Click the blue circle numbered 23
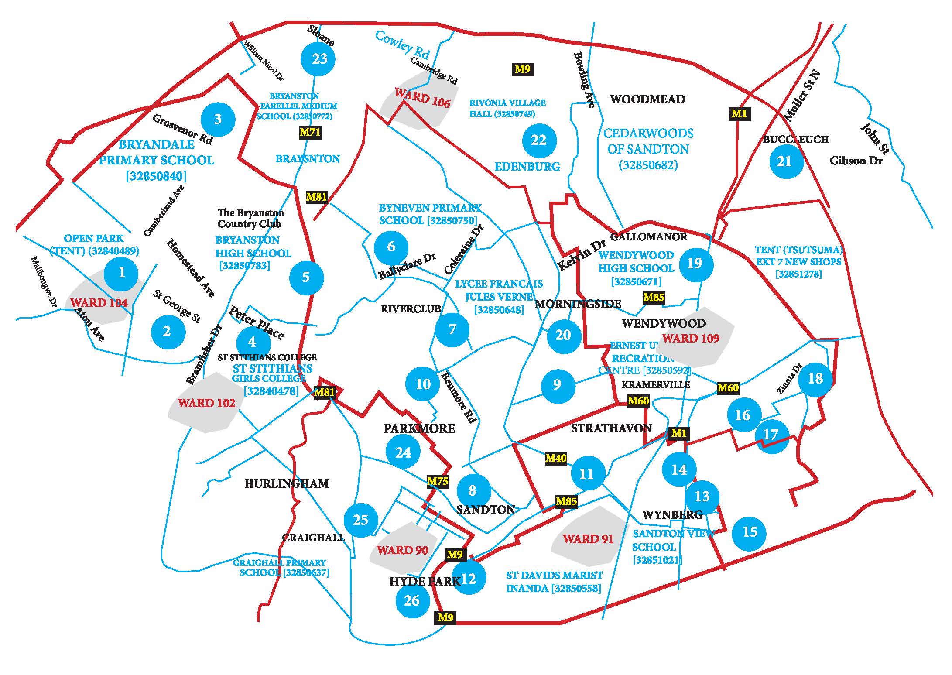pyautogui.click(x=318, y=59)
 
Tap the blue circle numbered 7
pyautogui.click(x=452, y=329)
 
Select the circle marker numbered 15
pyautogui.click(x=749, y=532)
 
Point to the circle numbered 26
pyautogui.click(x=412, y=601)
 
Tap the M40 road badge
pyautogui.click(x=556, y=458)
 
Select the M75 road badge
pyautogui.click(x=438, y=481)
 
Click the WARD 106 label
pyautogui.click(x=422, y=97)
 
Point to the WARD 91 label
pyautogui.click(x=588, y=539)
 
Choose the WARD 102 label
pyautogui.click(x=206, y=403)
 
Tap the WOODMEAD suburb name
pyautogui.click(x=647, y=99)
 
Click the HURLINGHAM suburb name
pyautogui.click(x=286, y=483)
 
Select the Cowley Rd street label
pyautogui.click(x=402, y=45)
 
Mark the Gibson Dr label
pyautogui.click(x=856, y=161)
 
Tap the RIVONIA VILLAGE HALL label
pyautogui.click(x=507, y=108)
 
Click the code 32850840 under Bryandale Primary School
pyautogui.click(x=156, y=176)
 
